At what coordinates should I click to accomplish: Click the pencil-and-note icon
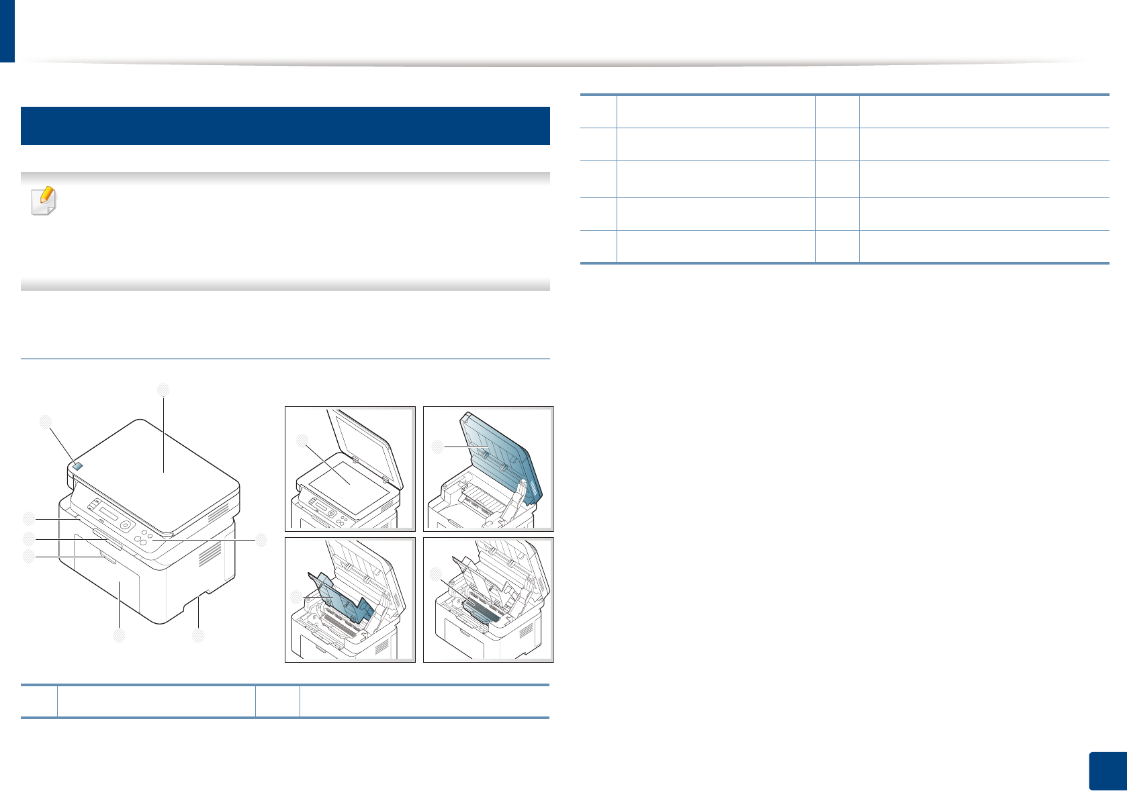44,201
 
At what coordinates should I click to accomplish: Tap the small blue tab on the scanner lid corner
77,467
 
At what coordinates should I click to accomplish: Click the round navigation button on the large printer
126,525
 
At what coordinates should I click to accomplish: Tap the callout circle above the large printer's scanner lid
163,389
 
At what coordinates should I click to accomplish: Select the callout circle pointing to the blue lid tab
45,422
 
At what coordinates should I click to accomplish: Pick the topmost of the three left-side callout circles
28,518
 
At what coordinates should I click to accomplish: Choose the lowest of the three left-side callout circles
28,556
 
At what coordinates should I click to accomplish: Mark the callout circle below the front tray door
119,635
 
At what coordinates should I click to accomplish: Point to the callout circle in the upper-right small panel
437,446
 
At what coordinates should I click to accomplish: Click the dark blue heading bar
285,126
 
